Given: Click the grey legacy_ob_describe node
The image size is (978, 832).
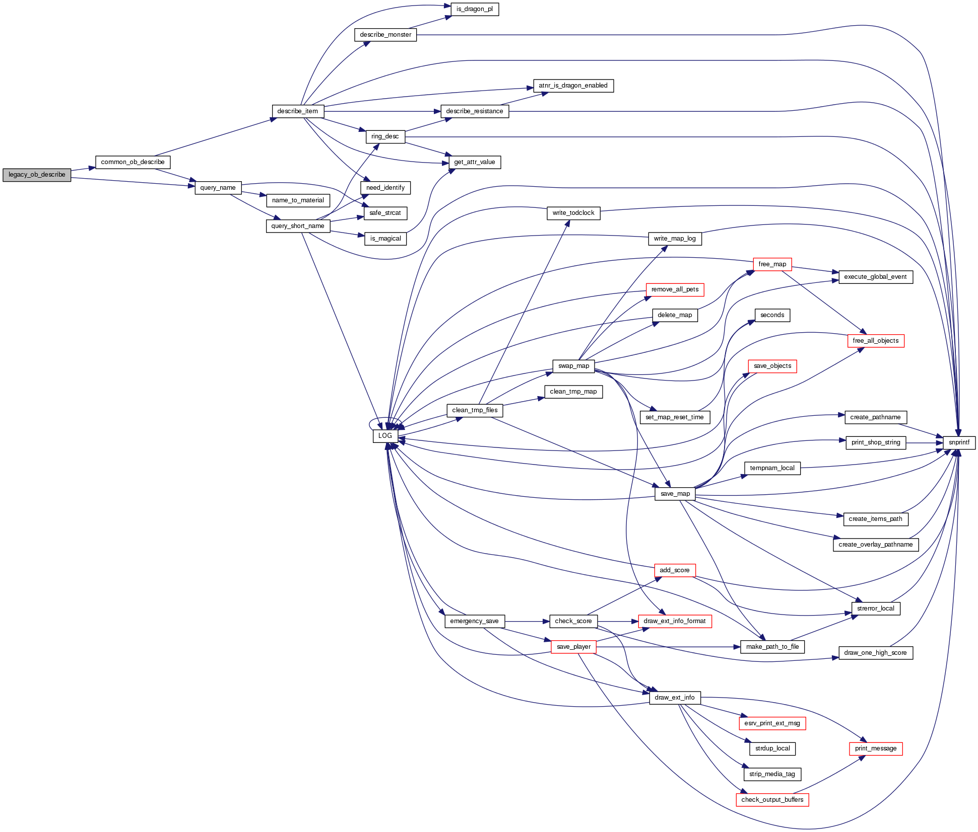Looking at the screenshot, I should tap(37, 175).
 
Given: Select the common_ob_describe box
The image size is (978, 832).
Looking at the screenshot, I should tap(133, 162).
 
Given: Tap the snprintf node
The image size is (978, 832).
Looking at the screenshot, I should tap(958, 442).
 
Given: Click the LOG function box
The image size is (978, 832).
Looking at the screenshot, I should tap(385, 436).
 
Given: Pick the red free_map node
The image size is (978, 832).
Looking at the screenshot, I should tap(772, 264).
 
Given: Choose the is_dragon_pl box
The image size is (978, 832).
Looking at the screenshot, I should tap(474, 9).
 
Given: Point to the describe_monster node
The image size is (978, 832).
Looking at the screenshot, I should tap(385, 35).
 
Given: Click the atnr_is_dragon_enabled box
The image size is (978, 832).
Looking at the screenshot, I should tap(573, 86).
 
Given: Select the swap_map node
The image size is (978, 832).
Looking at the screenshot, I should tap(573, 366).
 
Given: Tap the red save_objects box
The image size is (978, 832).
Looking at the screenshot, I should tap(772, 366).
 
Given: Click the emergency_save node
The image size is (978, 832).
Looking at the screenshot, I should tap(474, 621).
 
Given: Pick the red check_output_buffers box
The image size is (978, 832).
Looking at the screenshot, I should tap(772, 800).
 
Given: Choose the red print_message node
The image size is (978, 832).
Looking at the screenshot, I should tap(875, 748).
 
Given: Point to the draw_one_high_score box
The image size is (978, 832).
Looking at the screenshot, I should tap(875, 653).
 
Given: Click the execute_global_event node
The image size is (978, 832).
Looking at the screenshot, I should tap(875, 277).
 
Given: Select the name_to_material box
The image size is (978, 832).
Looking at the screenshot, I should tap(298, 200).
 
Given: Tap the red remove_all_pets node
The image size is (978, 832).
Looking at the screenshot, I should tap(675, 289).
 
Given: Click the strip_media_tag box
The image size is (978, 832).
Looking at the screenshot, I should tap(772, 774).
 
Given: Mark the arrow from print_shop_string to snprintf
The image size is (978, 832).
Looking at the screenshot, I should tap(924, 443).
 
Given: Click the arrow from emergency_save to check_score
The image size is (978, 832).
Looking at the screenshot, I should tap(527, 622).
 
